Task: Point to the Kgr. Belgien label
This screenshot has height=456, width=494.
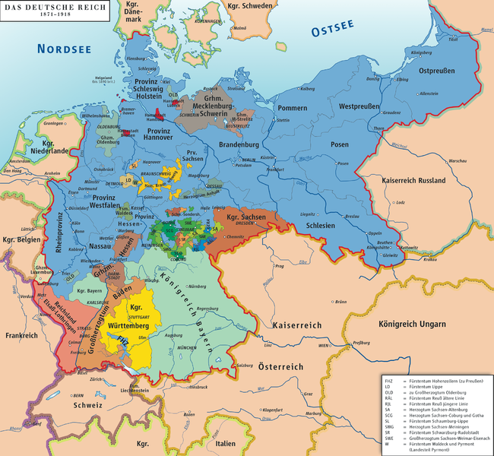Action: pos(18,241)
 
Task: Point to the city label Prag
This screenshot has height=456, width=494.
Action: pos(279,267)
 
